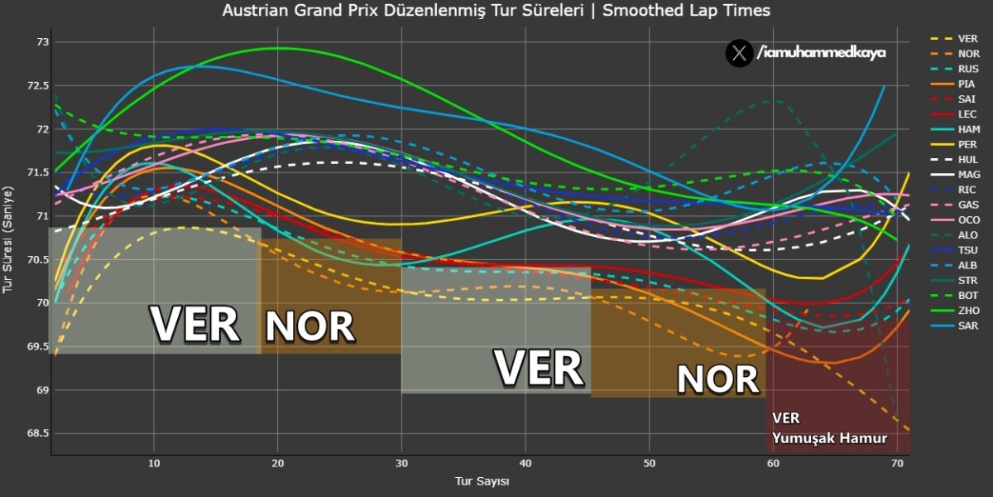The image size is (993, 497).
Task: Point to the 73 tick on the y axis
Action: point(43,42)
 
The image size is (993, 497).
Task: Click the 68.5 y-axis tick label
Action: point(38,433)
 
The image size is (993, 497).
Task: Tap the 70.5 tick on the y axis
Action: point(38,259)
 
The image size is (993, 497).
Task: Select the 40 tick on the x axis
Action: point(525,464)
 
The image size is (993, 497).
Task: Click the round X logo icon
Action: point(738,53)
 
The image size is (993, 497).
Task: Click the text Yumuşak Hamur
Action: point(828,437)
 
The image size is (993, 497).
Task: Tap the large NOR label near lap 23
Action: point(309,327)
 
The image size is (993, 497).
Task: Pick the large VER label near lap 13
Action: point(195,324)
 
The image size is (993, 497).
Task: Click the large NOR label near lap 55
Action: point(717,379)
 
